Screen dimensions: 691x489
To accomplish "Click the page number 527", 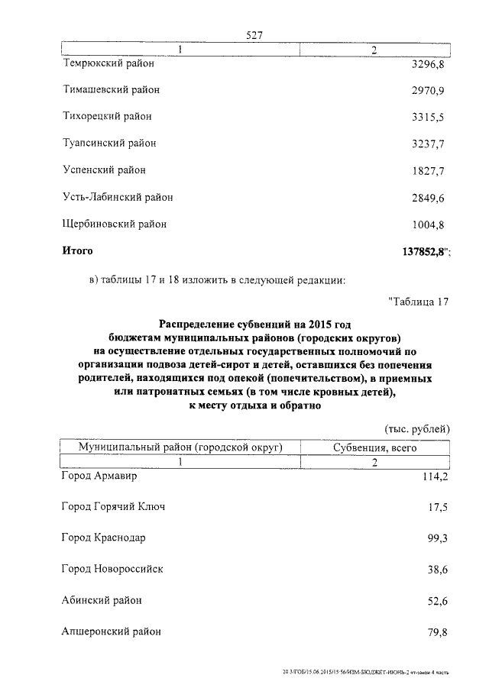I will pyautogui.click(x=254, y=35).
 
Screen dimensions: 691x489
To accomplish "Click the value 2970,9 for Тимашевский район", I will pyautogui.click(x=427, y=90).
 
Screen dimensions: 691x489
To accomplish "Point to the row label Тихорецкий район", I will pyautogui.click(x=107, y=117).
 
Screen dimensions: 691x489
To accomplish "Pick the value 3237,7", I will pyautogui.click(x=427, y=144).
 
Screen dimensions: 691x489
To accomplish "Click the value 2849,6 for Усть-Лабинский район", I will pyautogui.click(x=427, y=198).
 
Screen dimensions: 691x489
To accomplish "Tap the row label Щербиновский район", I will pyautogui.click(x=114, y=224).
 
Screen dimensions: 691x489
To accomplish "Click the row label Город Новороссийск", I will pyautogui.click(x=112, y=569).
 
